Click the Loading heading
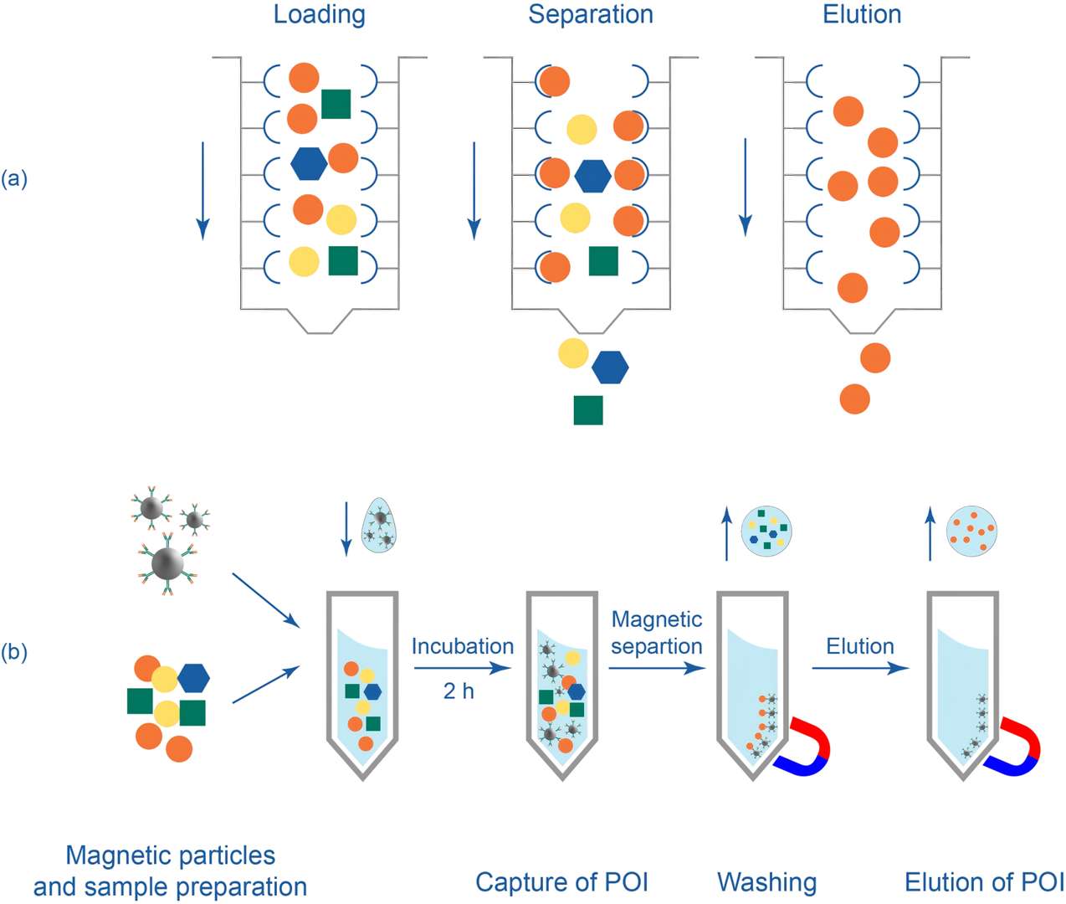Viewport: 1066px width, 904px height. [x=319, y=15]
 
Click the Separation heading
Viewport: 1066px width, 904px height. [x=591, y=15]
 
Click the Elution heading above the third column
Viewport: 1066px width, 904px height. [x=862, y=15]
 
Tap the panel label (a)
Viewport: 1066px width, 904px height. [x=14, y=178]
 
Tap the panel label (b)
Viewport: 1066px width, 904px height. [x=14, y=652]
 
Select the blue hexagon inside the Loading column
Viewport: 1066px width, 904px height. [x=309, y=162]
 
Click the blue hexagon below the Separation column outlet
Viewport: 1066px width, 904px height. [x=610, y=367]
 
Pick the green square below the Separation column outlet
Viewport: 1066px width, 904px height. [x=588, y=410]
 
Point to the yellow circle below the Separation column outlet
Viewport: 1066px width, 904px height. [x=573, y=352]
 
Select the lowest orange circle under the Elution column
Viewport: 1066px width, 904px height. [x=854, y=398]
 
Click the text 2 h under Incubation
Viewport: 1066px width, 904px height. [x=459, y=691]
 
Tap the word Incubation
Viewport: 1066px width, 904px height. [x=462, y=646]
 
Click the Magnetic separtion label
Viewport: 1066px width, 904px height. [x=657, y=633]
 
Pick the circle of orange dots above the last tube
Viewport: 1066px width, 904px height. [x=971, y=531]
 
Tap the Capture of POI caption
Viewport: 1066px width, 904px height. [x=561, y=881]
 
